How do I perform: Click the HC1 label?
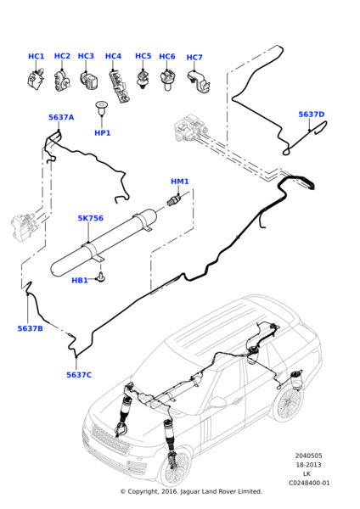(x=36, y=57)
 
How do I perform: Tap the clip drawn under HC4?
(x=118, y=87)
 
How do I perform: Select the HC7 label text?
(x=194, y=58)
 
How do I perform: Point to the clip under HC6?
(x=167, y=81)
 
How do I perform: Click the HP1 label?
(x=103, y=133)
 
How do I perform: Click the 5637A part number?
(x=61, y=117)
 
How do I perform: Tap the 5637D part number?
(x=312, y=115)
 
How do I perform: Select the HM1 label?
(x=180, y=182)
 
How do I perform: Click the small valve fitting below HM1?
(x=173, y=200)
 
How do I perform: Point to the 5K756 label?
(x=90, y=218)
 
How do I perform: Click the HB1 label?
(x=80, y=280)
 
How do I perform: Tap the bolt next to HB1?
(x=101, y=277)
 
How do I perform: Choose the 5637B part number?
(x=30, y=328)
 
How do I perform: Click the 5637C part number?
(x=79, y=375)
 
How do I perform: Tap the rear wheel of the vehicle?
(x=287, y=405)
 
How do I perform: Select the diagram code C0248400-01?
(x=309, y=483)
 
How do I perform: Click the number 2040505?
(x=309, y=456)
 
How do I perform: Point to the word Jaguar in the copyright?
(x=189, y=492)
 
